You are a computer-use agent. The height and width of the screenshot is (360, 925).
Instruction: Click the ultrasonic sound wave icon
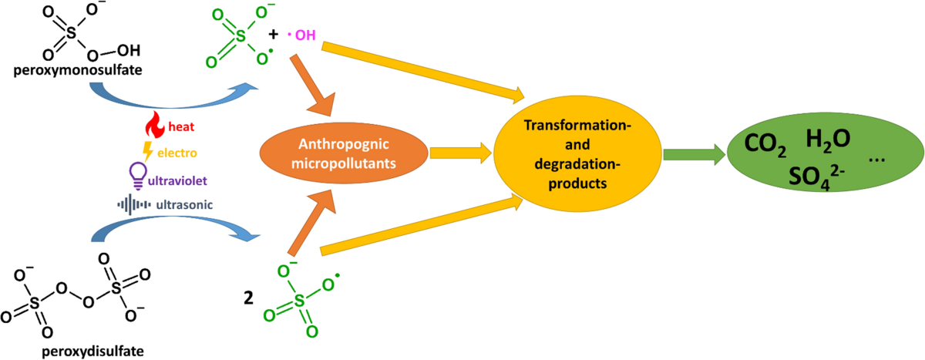point(132,204)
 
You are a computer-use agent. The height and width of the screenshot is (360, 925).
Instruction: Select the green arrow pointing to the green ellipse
point(690,154)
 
